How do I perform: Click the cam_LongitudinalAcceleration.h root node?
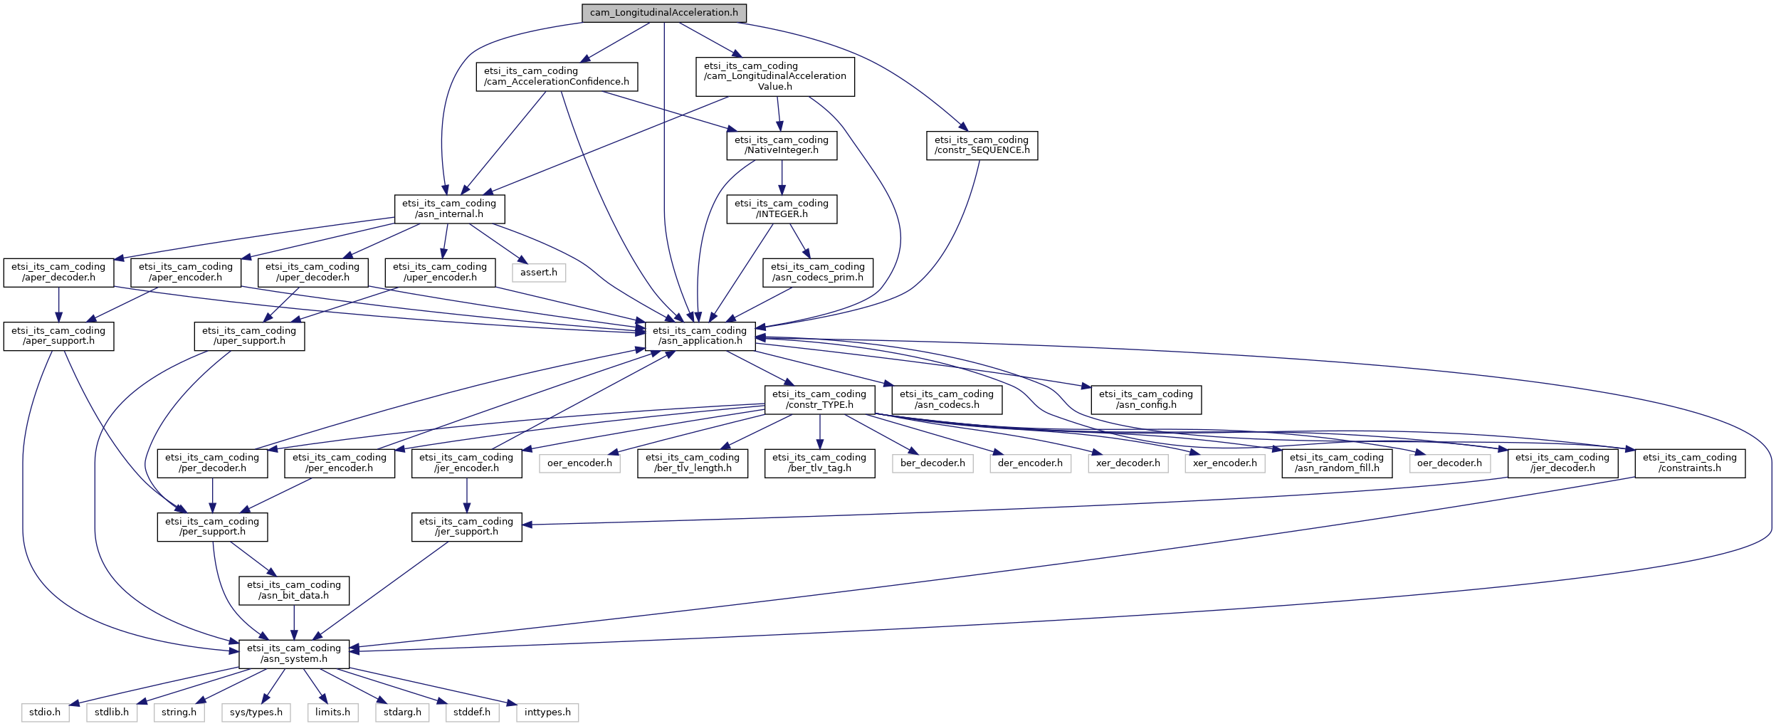click(x=663, y=13)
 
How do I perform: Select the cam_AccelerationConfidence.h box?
click(x=557, y=76)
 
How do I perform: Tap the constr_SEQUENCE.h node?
click(x=982, y=145)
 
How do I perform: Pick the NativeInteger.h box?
click(x=782, y=145)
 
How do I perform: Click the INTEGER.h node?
click(x=782, y=209)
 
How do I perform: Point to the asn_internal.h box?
click(x=449, y=209)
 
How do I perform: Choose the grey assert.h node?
click(x=539, y=273)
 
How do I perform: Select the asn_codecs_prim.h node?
click(x=818, y=272)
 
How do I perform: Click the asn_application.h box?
click(x=700, y=336)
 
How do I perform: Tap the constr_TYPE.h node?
click(x=819, y=399)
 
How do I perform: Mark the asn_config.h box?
click(x=1146, y=399)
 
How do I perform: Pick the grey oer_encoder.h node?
click(x=579, y=463)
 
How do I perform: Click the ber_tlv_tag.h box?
click(x=819, y=463)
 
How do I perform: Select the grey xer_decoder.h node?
click(x=1128, y=463)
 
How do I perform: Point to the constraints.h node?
click(x=1690, y=463)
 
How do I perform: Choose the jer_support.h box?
click(x=466, y=527)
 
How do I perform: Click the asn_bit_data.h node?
click(x=294, y=590)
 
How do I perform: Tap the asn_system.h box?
click(x=294, y=653)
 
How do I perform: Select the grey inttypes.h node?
click(x=547, y=712)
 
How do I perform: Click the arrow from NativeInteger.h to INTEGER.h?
click(x=782, y=177)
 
